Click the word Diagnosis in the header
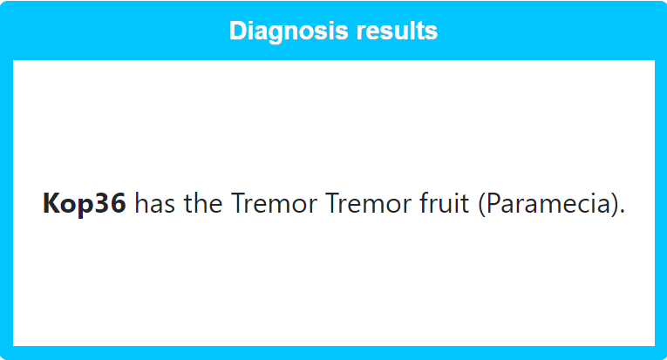[289, 31]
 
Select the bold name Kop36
[85, 203]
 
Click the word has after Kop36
[155, 203]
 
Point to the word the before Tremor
[203, 203]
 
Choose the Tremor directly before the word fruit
[369, 203]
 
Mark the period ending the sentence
[622, 211]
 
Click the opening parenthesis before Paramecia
[482, 205]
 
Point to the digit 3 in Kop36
[101, 203]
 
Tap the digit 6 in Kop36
[118, 203]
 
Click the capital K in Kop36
[52, 203]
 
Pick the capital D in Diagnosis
[239, 31]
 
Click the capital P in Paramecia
[493, 203]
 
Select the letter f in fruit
[425, 202]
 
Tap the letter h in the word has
[142, 202]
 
